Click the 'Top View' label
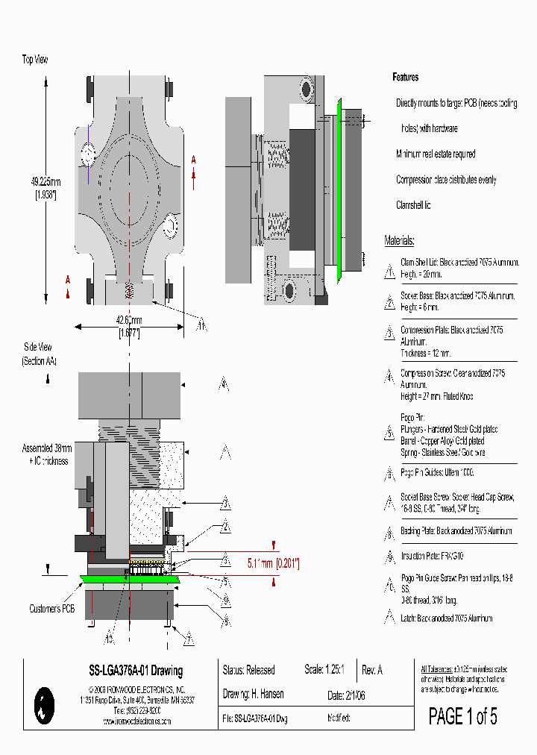click(x=35, y=60)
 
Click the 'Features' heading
click(x=406, y=78)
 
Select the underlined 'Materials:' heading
click(x=399, y=241)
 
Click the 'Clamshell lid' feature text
click(x=413, y=205)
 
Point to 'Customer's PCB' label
click(x=52, y=609)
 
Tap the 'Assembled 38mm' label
click(x=47, y=448)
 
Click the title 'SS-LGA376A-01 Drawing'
click(x=131, y=671)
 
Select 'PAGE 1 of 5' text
click(x=462, y=717)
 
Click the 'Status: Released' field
click(x=249, y=670)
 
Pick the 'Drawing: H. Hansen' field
click(x=253, y=694)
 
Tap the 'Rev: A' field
click(x=371, y=670)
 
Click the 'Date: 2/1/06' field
click(x=346, y=695)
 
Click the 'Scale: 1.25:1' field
click(x=324, y=670)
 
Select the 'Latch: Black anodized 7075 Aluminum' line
click(x=447, y=618)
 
